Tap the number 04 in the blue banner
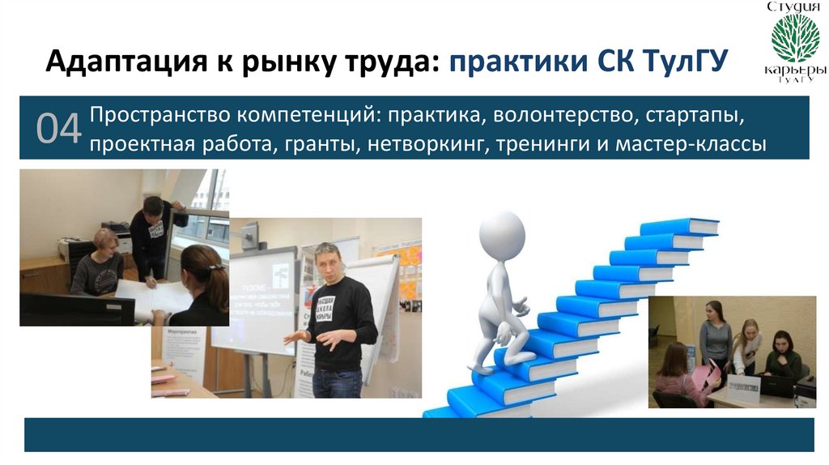pyautogui.click(x=58, y=130)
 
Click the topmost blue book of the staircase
pyautogui.click(x=678, y=226)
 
